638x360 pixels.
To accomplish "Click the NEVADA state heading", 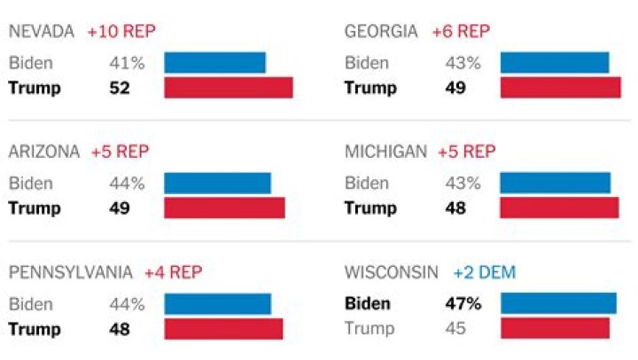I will point(42,31).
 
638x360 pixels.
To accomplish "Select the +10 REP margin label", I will point(121,31).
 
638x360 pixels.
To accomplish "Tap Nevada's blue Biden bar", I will point(215,63).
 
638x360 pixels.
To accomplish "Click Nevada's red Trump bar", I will point(229,88).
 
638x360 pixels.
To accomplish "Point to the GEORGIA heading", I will point(381,31).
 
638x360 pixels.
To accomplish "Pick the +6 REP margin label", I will point(461,31).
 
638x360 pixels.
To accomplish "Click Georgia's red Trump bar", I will point(560,88).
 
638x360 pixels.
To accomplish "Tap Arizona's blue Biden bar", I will point(217,184).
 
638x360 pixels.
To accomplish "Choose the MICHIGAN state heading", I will point(385,152).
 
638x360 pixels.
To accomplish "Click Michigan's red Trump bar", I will point(559,208).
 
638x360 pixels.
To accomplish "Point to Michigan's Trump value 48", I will point(455,208).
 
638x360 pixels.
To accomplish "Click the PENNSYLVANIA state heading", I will point(71,272).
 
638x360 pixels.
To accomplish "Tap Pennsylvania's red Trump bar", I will point(223,329).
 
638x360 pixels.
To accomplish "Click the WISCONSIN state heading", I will point(391,272).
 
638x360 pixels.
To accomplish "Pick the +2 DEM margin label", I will point(485,272).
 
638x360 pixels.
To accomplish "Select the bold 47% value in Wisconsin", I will point(463,304).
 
